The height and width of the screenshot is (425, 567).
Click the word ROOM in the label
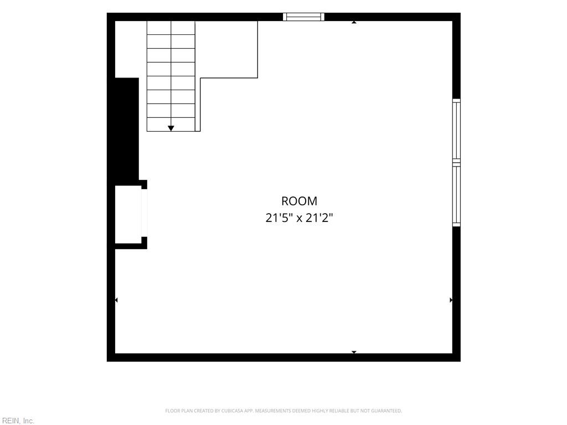(x=299, y=201)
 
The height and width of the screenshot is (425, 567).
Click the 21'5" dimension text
(x=279, y=218)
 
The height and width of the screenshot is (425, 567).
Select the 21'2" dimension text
(x=319, y=218)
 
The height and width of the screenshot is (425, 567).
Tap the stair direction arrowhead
(x=171, y=128)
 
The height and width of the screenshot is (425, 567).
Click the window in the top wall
(x=304, y=17)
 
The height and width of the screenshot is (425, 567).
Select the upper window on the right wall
(x=456, y=130)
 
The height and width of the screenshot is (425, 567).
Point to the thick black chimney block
(x=127, y=129)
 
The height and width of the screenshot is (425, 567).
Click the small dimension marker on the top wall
(x=354, y=22)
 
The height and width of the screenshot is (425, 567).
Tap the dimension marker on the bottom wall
(x=354, y=351)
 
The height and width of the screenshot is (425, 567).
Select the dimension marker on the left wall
(x=116, y=300)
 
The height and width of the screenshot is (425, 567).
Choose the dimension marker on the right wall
(x=451, y=300)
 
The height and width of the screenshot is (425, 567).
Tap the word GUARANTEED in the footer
(x=389, y=411)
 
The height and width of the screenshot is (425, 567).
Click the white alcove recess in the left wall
(x=128, y=215)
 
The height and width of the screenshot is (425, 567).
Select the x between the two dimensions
(x=299, y=219)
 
